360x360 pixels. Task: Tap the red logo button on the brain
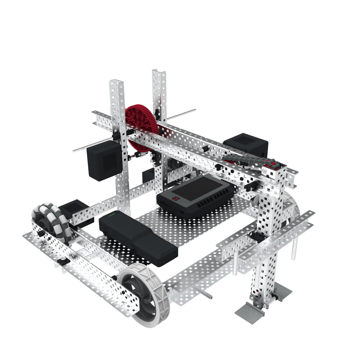tap(175, 199)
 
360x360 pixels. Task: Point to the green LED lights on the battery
tap(112, 216)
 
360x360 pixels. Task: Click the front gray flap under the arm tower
tap(249, 312)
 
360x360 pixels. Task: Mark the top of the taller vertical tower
tap(159, 73)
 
